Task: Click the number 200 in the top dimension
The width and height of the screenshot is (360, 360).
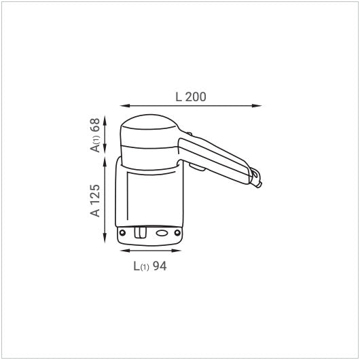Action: click(x=196, y=96)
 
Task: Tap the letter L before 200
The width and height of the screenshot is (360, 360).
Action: click(x=179, y=96)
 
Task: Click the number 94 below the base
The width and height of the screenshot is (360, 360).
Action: click(x=160, y=266)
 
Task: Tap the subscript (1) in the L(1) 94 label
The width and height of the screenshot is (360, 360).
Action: click(x=144, y=267)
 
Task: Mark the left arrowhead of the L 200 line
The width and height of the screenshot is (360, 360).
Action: click(x=123, y=105)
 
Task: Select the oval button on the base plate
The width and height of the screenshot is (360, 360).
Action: click(x=162, y=232)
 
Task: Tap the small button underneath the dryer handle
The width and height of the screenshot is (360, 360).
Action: click(x=198, y=166)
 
